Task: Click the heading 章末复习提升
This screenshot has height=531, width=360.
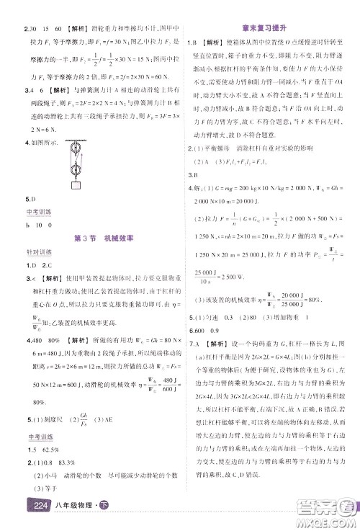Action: (269, 27)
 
